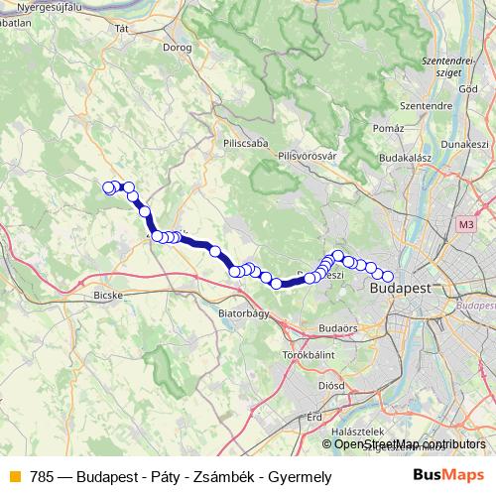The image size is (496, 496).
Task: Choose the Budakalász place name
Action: pyautogui.click(x=409, y=157)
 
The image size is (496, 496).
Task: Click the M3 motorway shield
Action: pyautogui.click(x=465, y=225)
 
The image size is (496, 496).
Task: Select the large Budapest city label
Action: pyautogui.click(x=399, y=288)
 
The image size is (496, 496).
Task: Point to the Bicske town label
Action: pyautogui.click(x=105, y=295)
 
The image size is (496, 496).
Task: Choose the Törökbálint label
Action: pyautogui.click(x=310, y=353)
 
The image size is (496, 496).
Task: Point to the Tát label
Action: pyautogui.click(x=123, y=29)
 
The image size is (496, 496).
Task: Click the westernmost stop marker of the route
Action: pyautogui.click(x=109, y=186)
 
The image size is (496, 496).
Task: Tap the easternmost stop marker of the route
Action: pyautogui.click(x=388, y=277)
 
